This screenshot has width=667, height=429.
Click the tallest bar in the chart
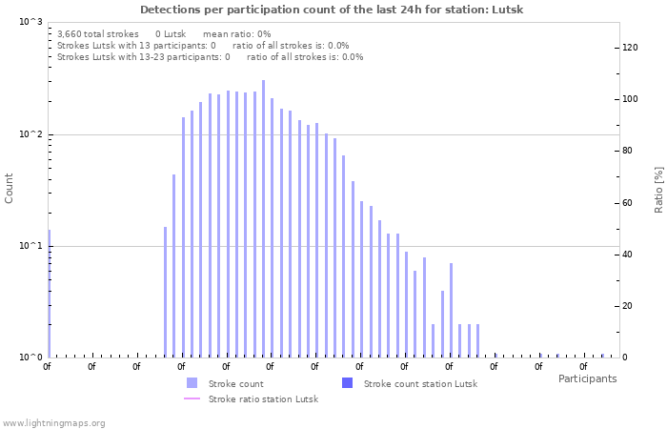[x=263, y=219]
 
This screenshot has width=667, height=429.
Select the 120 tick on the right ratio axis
[x=630, y=47]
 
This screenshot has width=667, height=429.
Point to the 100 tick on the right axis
[x=630, y=99]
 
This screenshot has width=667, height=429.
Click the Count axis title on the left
[x=10, y=188]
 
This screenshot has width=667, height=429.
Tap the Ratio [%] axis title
[x=658, y=189]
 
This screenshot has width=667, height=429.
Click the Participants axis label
[x=587, y=378]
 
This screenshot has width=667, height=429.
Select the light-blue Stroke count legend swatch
[x=192, y=383]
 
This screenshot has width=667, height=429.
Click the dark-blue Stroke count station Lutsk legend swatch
[x=347, y=383]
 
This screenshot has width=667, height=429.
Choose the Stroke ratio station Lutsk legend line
[x=192, y=398]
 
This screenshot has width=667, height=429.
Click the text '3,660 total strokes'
[x=98, y=33]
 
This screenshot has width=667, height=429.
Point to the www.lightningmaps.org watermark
[x=53, y=422]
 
